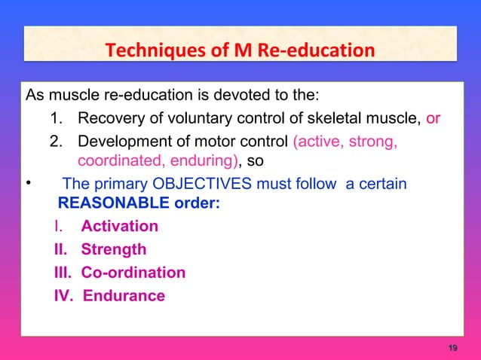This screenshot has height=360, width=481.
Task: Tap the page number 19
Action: point(452,347)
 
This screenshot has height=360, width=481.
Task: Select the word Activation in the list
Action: point(120,227)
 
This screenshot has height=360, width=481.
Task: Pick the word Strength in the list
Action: point(114,249)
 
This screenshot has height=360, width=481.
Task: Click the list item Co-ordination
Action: point(133,273)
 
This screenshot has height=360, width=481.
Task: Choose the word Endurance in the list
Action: point(124,296)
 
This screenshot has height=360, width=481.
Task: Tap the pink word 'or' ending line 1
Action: point(434,118)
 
